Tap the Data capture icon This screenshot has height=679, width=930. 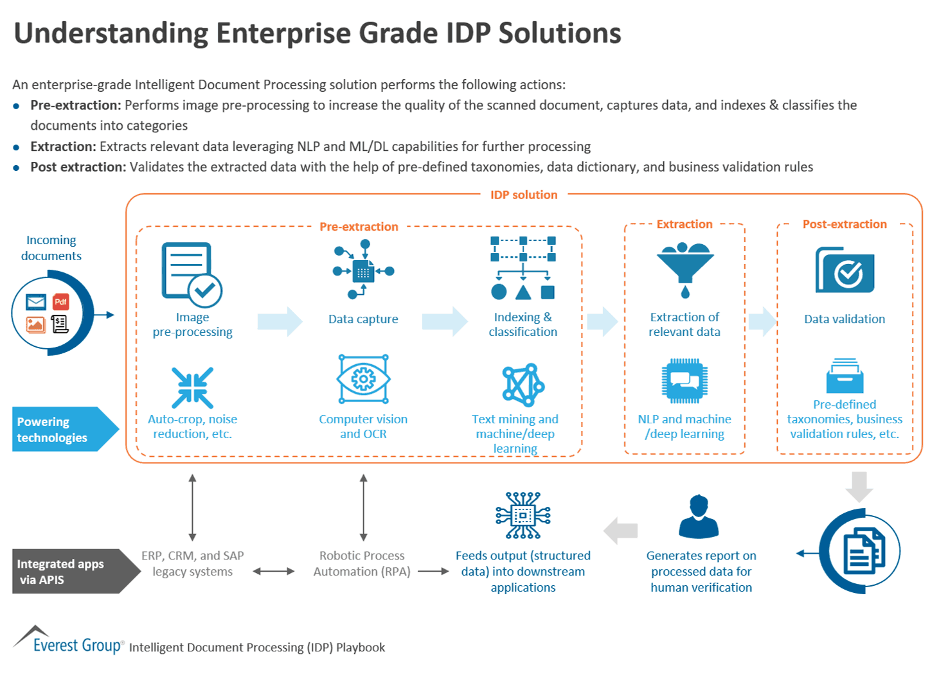(x=363, y=270)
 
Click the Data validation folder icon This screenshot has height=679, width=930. (x=845, y=270)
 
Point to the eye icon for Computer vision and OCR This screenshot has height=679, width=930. (x=363, y=379)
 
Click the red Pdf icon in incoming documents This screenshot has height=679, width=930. (x=61, y=301)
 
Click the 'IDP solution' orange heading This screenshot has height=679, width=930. (x=524, y=195)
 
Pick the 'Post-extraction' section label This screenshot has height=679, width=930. (x=845, y=224)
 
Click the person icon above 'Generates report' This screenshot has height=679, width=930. (x=699, y=516)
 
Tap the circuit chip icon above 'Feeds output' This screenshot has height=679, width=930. (x=523, y=515)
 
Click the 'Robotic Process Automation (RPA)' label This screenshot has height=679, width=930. (x=362, y=563)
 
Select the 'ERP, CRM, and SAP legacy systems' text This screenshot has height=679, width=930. (x=193, y=563)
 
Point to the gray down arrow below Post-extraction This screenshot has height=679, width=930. (x=859, y=486)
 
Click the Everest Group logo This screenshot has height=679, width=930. (x=67, y=641)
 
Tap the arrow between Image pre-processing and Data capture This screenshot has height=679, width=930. (x=280, y=321)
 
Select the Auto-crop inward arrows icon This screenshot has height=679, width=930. (x=192, y=387)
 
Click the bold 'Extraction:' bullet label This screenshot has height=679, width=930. (x=64, y=146)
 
